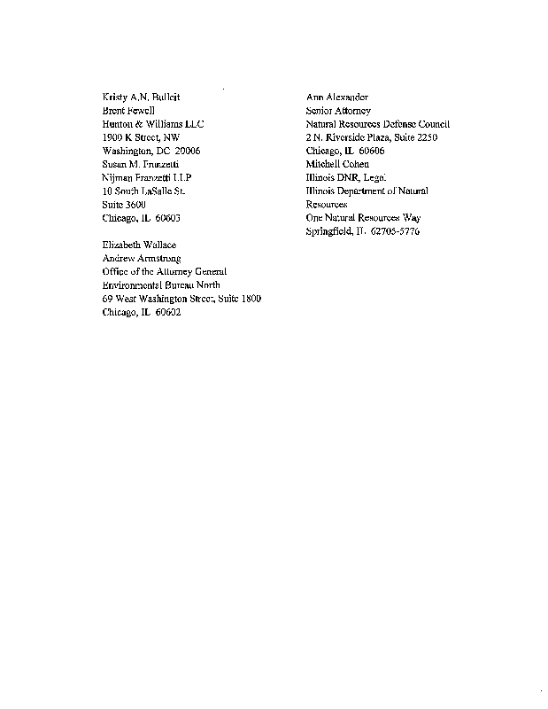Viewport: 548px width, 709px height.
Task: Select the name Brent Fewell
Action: pos(129,111)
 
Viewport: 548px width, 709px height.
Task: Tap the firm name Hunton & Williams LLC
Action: pos(153,124)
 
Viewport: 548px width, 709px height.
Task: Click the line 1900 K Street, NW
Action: pos(141,137)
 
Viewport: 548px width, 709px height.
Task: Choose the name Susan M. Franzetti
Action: pos(142,164)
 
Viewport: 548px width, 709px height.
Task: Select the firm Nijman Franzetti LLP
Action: pos(147,177)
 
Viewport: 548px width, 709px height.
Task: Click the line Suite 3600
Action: pos(125,205)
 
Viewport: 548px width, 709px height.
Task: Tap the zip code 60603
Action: pos(166,218)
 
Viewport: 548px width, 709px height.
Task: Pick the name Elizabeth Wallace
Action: pos(141,244)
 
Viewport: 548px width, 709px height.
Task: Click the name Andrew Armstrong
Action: pos(142,258)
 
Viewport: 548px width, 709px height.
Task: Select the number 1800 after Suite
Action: pos(247,299)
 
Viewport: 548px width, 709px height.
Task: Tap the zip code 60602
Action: pos(166,312)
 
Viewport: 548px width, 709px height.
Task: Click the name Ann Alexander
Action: pos(336,97)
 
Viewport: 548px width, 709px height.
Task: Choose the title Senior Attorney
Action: pos(337,111)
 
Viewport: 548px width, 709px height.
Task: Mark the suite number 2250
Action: pos(423,137)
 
